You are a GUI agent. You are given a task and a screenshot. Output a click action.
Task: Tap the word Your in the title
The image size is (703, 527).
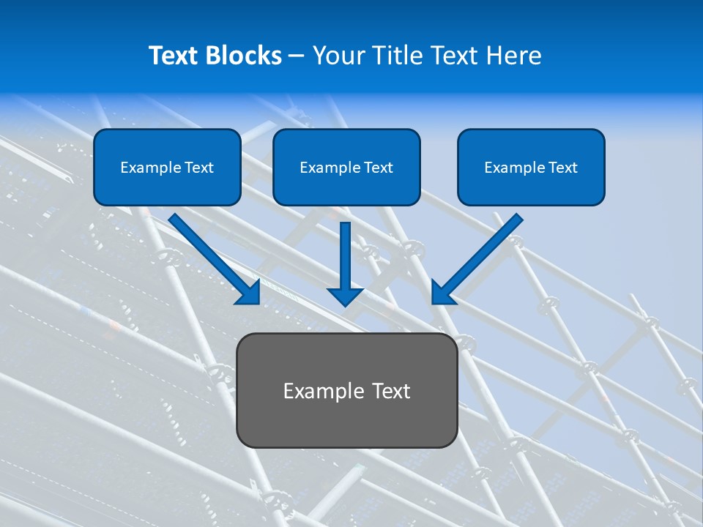(x=341, y=56)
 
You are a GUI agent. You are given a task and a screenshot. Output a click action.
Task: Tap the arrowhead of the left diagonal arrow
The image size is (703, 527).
(x=249, y=293)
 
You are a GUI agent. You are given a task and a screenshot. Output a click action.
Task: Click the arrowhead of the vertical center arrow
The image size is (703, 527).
(x=345, y=296)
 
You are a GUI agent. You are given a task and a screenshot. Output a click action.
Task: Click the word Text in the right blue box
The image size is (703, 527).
(x=562, y=168)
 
